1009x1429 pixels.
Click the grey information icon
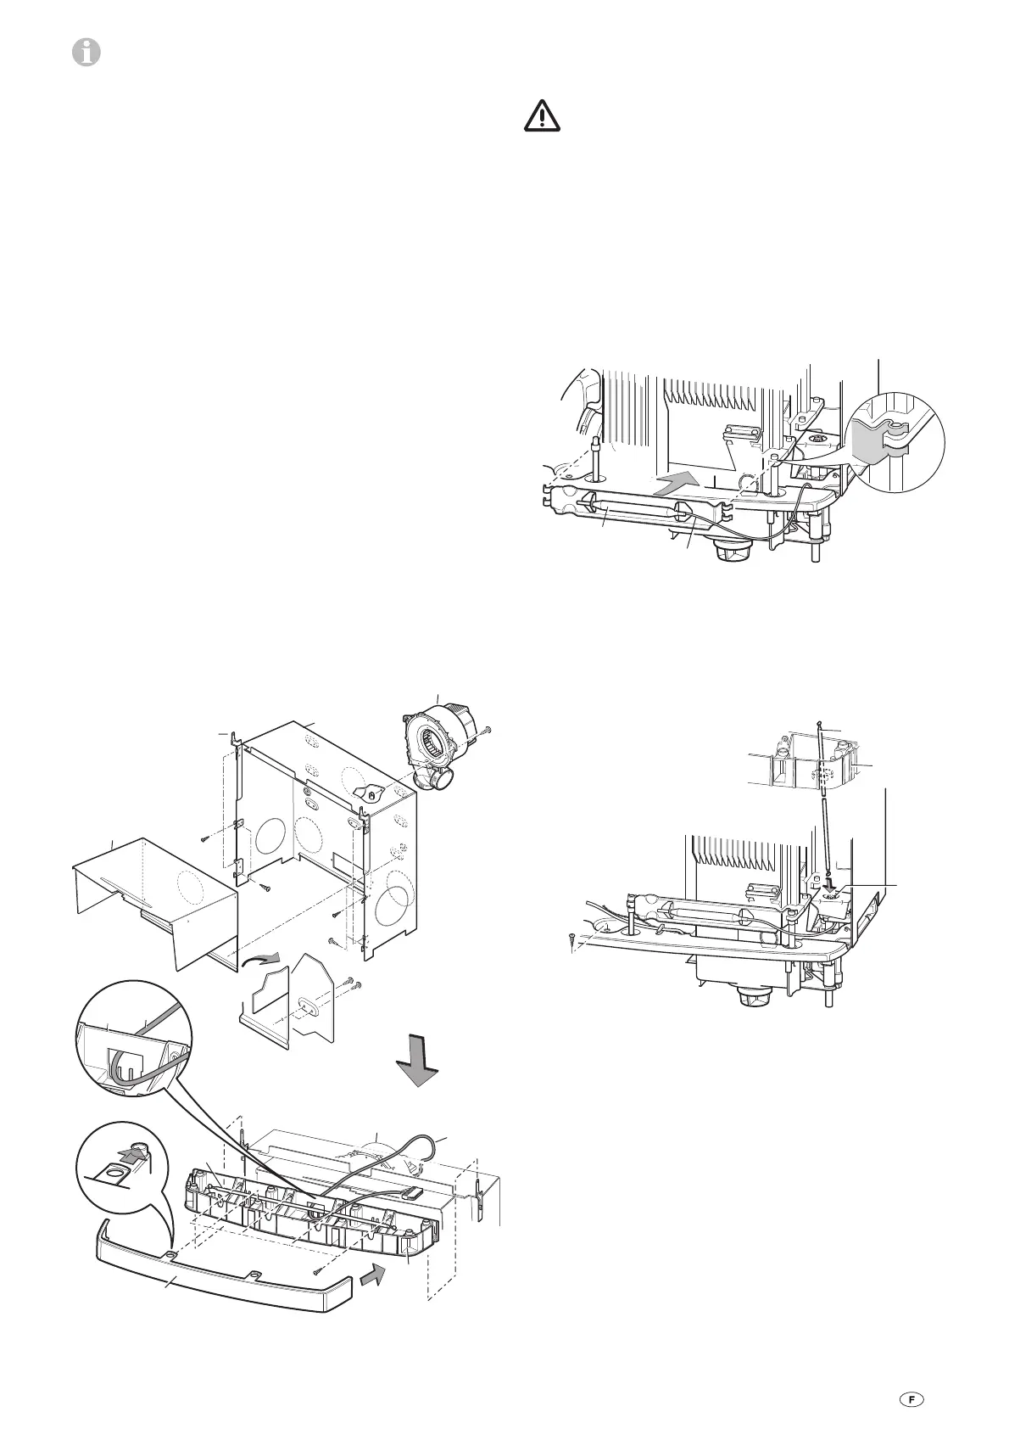pyautogui.click(x=86, y=53)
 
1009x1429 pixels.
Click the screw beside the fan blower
pyautogui.click(x=487, y=732)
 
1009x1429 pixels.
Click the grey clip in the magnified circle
pyautogui.click(x=873, y=446)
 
